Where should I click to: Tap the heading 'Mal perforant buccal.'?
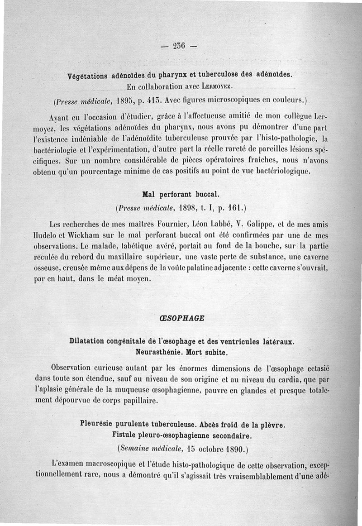point(174,195)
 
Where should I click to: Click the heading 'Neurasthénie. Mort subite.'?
point(181,351)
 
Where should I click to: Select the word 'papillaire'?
point(136,400)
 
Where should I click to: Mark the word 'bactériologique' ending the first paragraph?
point(282,172)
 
